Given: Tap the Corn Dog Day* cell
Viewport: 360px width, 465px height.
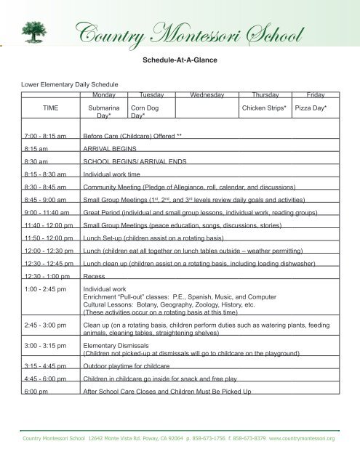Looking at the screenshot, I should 135,111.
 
